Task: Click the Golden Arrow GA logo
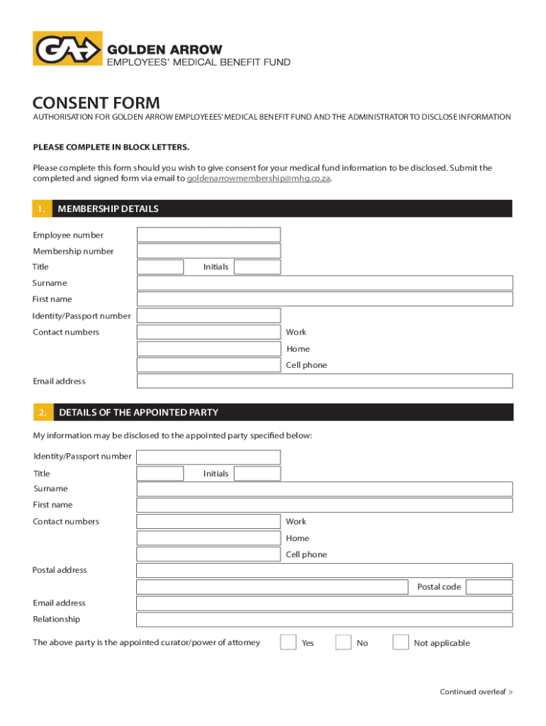tap(67, 48)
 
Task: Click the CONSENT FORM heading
tap(96, 103)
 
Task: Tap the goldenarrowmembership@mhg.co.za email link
tap(258, 179)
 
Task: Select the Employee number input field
tap(208, 235)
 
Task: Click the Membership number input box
tap(208, 251)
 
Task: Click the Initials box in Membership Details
tap(257, 267)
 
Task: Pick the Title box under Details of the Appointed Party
tap(160, 474)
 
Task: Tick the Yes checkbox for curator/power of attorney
tap(288, 642)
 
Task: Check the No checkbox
tap(343, 642)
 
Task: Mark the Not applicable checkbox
tap(401, 642)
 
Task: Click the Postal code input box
tap(489, 587)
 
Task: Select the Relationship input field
tap(324, 620)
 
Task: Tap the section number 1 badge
tap(42, 208)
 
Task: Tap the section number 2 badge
tap(43, 412)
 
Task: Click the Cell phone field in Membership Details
tap(208, 365)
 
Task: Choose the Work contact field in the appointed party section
tap(208, 522)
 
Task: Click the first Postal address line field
tap(324, 571)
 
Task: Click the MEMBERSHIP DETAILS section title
tap(108, 208)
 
